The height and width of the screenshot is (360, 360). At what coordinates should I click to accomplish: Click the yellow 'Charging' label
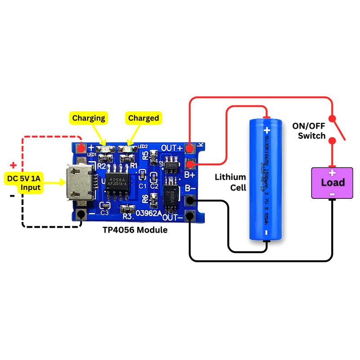pyautogui.click(x=89, y=118)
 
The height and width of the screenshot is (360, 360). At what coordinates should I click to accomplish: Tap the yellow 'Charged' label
pyautogui.click(x=143, y=118)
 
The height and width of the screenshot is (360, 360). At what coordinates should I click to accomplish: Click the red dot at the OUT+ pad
pyautogui.click(x=190, y=148)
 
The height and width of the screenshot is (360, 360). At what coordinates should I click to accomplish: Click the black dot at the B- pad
pyautogui.click(x=190, y=200)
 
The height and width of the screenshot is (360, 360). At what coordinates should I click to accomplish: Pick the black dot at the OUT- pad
pyautogui.click(x=190, y=217)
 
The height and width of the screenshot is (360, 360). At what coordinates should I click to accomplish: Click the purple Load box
pyautogui.click(x=332, y=183)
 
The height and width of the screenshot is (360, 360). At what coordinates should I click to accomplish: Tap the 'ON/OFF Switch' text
pyautogui.click(x=309, y=130)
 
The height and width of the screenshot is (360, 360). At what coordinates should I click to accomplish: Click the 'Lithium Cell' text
pyautogui.click(x=230, y=182)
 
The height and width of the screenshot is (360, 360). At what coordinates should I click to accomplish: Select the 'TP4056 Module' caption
pyautogui.click(x=135, y=230)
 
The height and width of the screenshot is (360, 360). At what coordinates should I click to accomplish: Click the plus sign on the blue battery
pyautogui.click(x=265, y=130)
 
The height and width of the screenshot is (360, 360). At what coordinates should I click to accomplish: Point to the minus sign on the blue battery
pyautogui.click(x=266, y=232)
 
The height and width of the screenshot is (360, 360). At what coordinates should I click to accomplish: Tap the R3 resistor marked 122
pyautogui.click(x=128, y=209)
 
